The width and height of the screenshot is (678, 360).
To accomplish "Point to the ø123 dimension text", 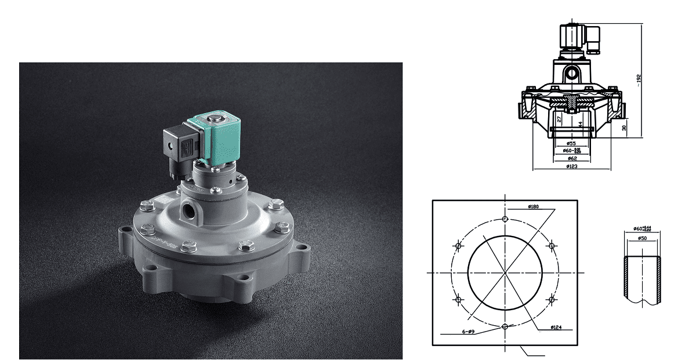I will (571, 167).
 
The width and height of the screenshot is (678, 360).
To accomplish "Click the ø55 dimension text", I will (571, 143).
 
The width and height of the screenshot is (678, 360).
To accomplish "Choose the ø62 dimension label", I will (571, 158).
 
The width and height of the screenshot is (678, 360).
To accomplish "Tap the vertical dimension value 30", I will (623, 128).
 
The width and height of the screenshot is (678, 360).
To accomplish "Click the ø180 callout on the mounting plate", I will (534, 206).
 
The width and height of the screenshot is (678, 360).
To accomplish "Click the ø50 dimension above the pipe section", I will (642, 238).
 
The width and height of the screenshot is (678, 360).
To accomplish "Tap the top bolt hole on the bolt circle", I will (505, 219).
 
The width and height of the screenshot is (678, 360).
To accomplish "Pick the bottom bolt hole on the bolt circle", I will (505, 327).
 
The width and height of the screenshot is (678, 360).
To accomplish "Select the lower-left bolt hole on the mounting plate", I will (459, 300).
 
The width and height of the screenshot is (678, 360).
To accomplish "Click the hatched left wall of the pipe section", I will (627, 278).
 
